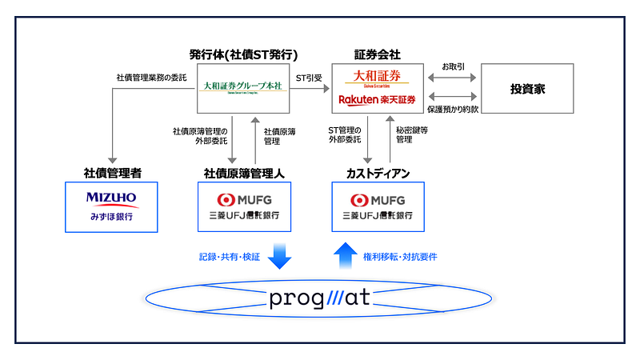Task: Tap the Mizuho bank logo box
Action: (x=111, y=206)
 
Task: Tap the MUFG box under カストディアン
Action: (x=377, y=206)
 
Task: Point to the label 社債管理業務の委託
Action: (x=151, y=78)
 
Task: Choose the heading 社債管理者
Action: (x=111, y=173)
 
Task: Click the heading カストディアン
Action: (x=377, y=173)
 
